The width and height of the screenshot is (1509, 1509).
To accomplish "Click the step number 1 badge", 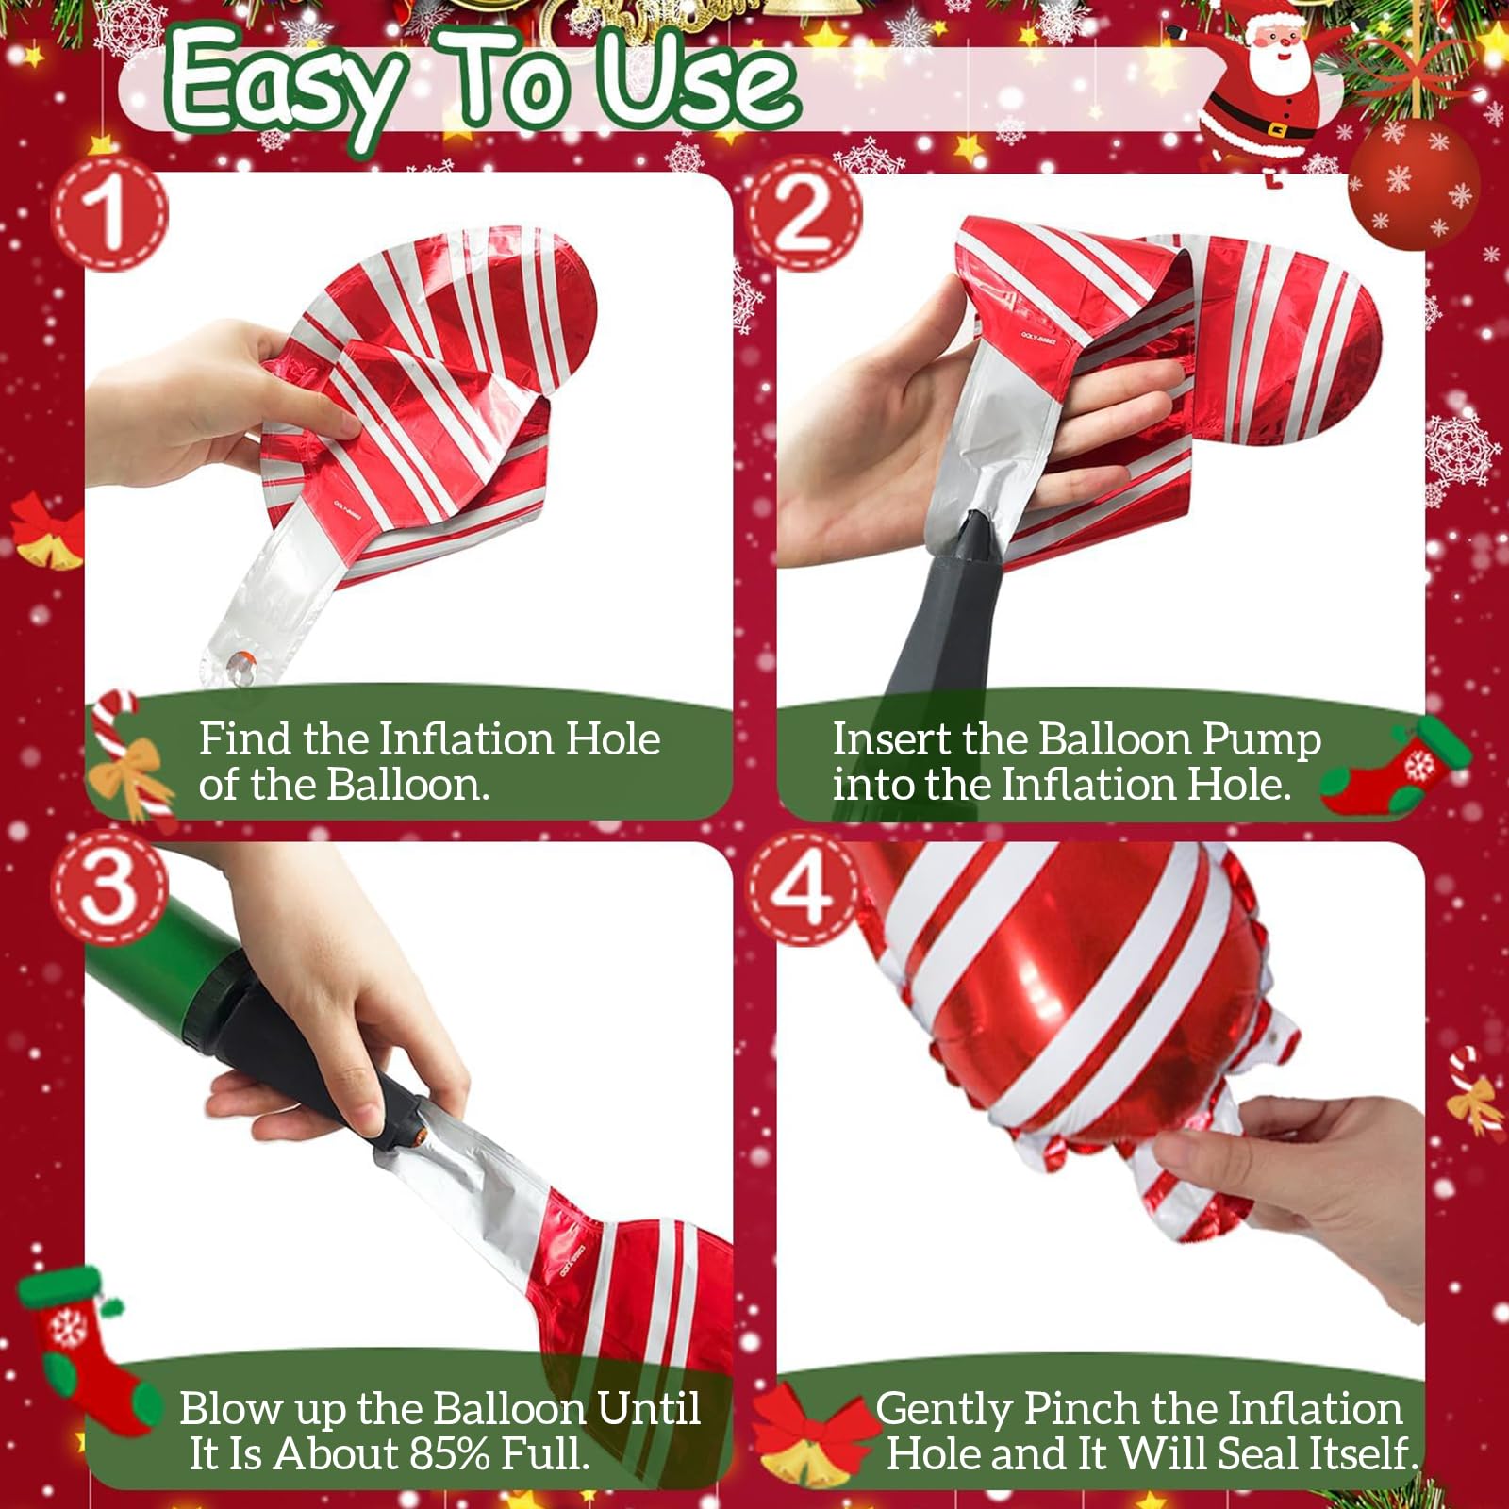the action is tap(109, 213).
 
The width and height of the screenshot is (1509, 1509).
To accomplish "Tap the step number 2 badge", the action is tap(804, 213).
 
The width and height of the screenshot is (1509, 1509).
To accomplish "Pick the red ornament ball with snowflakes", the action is tap(1414, 185).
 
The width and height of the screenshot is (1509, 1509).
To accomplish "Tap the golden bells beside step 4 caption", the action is tap(811, 1443).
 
